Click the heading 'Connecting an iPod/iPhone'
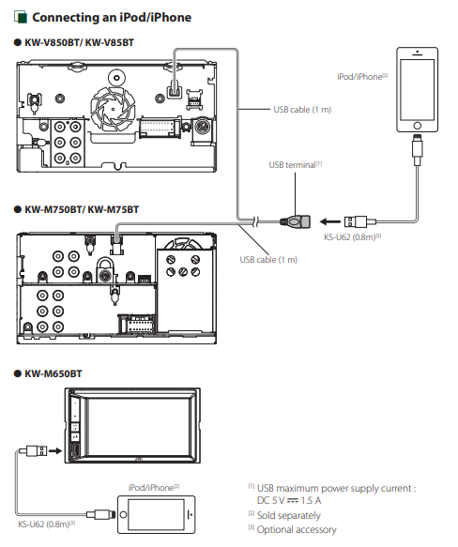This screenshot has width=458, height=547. (112, 18)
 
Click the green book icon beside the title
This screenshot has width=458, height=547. (21, 17)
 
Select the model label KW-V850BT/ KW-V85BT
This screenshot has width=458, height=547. (79, 42)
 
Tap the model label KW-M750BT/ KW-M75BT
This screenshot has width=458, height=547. (82, 209)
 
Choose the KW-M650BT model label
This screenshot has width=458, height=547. (53, 374)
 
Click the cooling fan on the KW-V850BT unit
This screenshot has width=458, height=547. (113, 108)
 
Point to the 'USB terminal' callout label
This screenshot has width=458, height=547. (295, 164)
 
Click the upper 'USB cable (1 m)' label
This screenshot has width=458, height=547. (302, 110)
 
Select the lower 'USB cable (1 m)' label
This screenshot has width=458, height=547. (268, 260)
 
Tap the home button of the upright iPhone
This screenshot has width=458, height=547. (417, 126)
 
